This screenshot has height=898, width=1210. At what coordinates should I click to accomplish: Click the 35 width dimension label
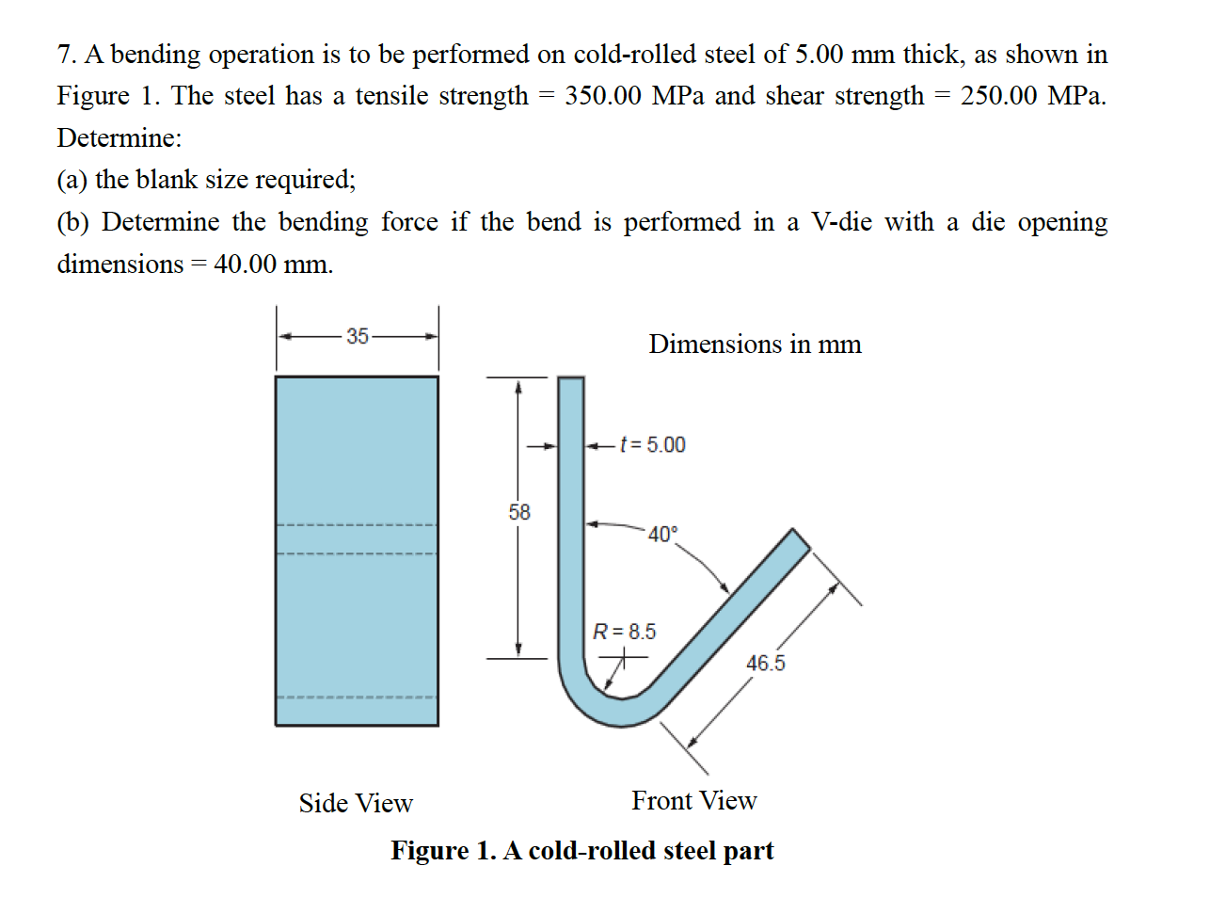(x=358, y=336)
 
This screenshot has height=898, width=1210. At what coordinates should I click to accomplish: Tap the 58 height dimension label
(x=519, y=512)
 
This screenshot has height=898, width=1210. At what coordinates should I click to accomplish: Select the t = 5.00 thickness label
(x=653, y=444)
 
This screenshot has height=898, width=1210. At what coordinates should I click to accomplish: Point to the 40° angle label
(x=662, y=535)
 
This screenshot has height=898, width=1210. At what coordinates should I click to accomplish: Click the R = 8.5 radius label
(x=624, y=632)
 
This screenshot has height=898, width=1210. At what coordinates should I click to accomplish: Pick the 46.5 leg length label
(x=765, y=664)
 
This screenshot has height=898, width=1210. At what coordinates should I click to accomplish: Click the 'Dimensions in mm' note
(x=755, y=345)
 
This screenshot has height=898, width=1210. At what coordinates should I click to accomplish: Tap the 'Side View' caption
(x=356, y=803)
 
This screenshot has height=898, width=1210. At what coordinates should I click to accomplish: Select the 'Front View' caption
(x=693, y=800)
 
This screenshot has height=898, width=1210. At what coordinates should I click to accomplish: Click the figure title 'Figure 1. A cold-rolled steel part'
(x=581, y=850)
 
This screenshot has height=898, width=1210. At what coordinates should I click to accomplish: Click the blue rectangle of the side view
(x=357, y=452)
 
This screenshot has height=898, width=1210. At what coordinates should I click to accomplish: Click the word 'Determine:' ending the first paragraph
(x=119, y=138)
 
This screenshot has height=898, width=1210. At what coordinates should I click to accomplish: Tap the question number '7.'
(x=67, y=55)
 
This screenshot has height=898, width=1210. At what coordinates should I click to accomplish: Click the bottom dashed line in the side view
(x=357, y=698)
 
